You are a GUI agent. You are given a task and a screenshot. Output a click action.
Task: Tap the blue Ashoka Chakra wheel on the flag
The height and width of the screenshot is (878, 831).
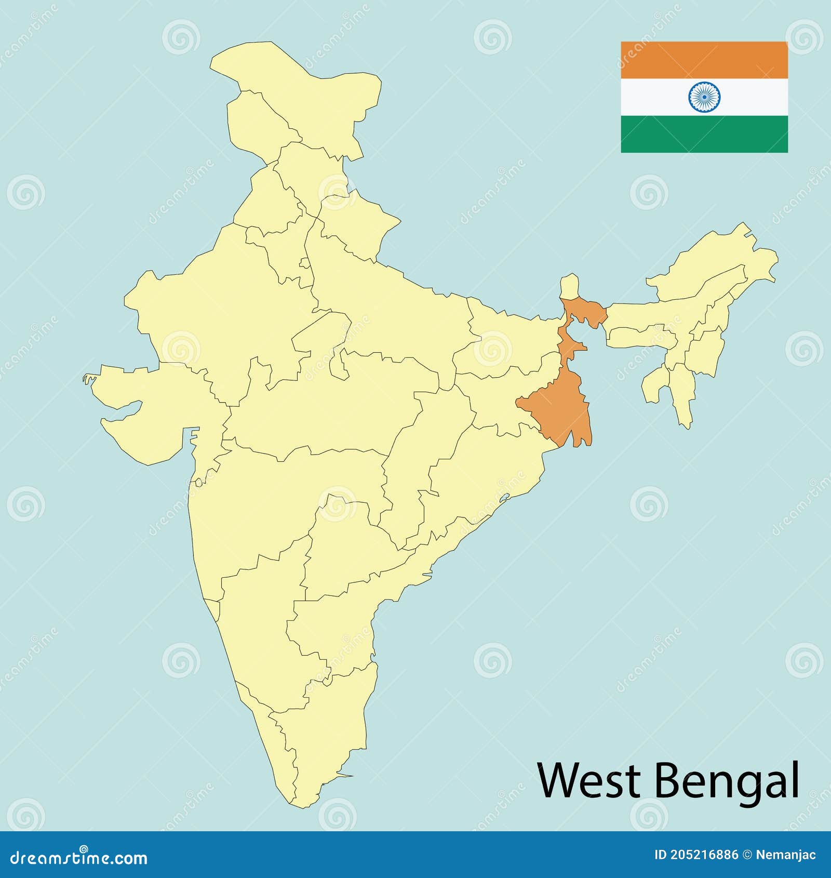[x=704, y=97]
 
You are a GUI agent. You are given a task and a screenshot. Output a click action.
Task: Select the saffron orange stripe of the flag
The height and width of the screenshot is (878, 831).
[x=704, y=60]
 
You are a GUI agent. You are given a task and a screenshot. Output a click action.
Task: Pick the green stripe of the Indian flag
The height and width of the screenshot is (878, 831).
[x=704, y=134]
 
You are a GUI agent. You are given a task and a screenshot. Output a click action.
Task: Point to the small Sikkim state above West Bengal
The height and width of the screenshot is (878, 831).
[x=570, y=286]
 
